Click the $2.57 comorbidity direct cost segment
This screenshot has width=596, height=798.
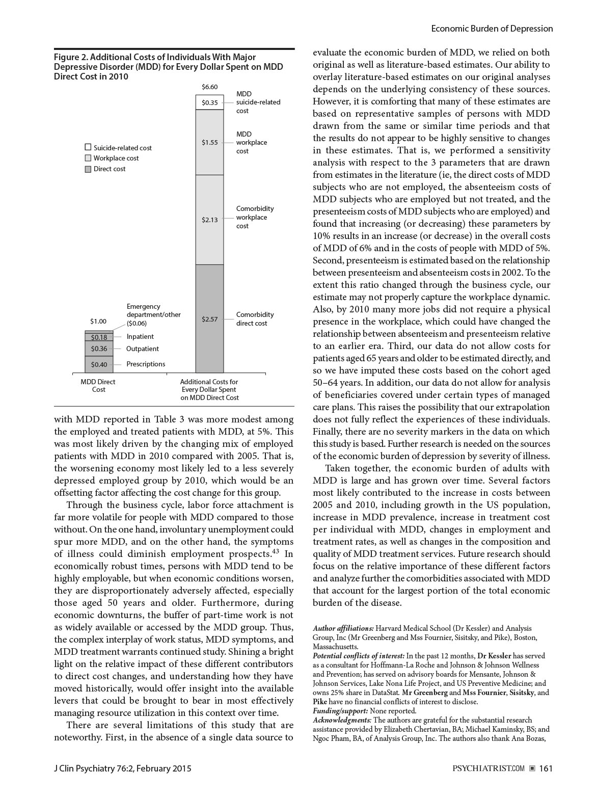pyautogui.click(x=209, y=319)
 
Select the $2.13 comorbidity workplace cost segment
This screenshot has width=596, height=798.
pyautogui.click(x=209, y=220)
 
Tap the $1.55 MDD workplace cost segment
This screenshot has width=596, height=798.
pyautogui.click(x=209, y=142)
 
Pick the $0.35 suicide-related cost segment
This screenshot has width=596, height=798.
pyautogui.click(x=209, y=102)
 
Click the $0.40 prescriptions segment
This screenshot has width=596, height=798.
pyautogui.click(x=99, y=364)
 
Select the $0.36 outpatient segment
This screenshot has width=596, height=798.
pyautogui.click(x=99, y=349)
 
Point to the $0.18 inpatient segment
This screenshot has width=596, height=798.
pyautogui.click(x=99, y=337)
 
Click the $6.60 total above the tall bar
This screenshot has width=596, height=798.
pyautogui.click(x=209, y=87)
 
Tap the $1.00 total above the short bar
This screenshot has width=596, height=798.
pyautogui.click(x=98, y=321)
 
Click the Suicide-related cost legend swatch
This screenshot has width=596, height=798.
pyautogui.click(x=88, y=148)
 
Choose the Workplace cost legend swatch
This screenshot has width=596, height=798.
pyautogui.click(x=88, y=158)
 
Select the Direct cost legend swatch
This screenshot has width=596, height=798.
pyautogui.click(x=88, y=169)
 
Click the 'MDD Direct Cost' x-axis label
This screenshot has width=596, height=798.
pyautogui.click(x=98, y=385)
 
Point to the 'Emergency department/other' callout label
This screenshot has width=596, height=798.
pyautogui.click(x=153, y=310)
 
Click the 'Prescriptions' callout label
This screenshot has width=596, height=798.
pyautogui.click(x=146, y=364)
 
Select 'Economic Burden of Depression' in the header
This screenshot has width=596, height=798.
pyautogui.click(x=492, y=29)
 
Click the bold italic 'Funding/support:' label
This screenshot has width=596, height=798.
pyautogui.click(x=340, y=710)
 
